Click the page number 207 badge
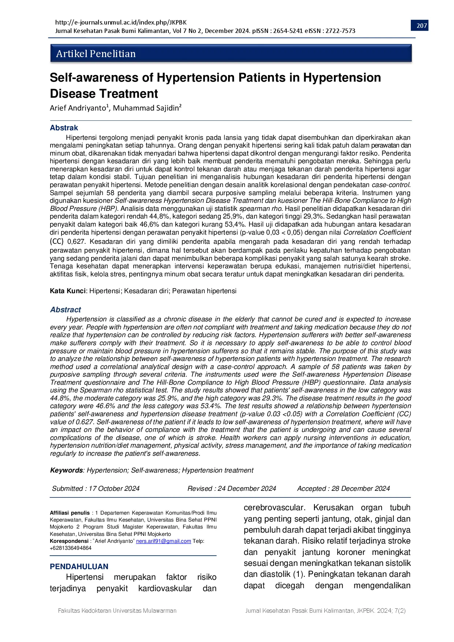point(422,26)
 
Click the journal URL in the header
point(121,22)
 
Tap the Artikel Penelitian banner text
point(96,54)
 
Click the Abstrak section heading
point(64,128)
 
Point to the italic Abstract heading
point(66,310)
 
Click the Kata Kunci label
point(68,291)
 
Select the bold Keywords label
point(66,470)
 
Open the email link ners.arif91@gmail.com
point(163,541)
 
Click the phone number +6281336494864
point(71,548)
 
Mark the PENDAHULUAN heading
point(79,567)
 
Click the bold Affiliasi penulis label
point(70,513)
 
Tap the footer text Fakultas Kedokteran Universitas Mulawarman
point(117,611)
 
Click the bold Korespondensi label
point(69,541)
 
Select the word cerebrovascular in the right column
point(274,508)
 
